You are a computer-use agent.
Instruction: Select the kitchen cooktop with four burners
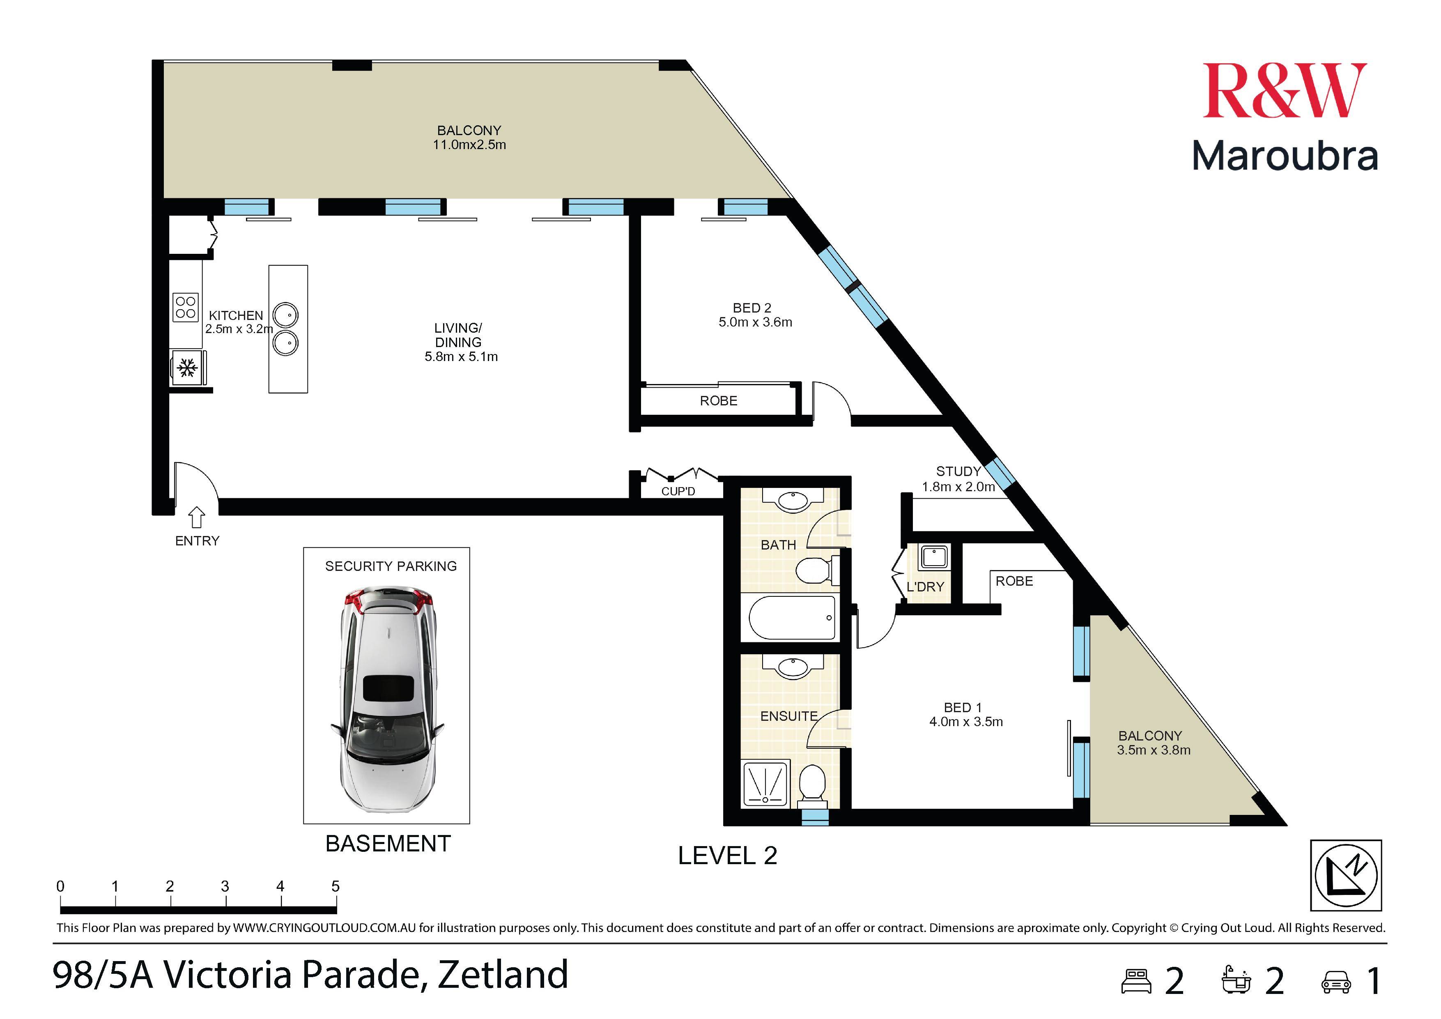[186, 307]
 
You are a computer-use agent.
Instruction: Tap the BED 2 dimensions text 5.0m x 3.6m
[755, 322]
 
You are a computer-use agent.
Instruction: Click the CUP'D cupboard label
[678, 491]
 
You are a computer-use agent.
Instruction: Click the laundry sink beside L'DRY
[934, 557]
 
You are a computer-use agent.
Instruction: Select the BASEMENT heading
[388, 843]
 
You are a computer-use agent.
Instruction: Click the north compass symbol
[1346, 875]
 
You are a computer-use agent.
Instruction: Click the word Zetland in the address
[503, 974]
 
